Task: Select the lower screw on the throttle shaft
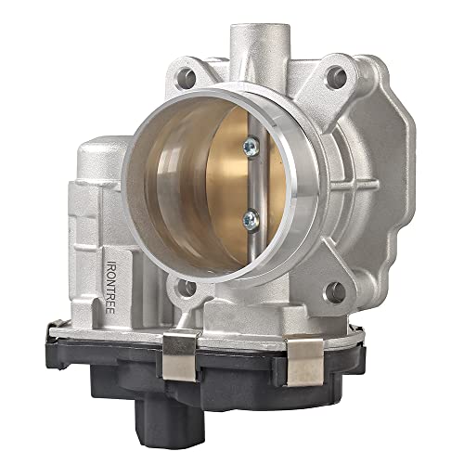click(x=251, y=219)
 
